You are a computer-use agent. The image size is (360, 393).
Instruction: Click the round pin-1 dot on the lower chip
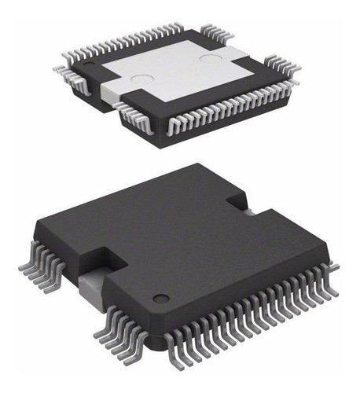(160, 297)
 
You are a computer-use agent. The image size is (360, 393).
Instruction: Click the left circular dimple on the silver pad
(141, 79)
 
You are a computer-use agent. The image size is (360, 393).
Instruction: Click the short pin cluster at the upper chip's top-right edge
(215, 33)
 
